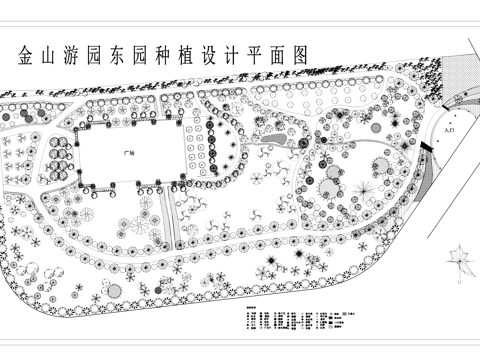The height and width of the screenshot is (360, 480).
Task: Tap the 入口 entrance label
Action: [x=446, y=130]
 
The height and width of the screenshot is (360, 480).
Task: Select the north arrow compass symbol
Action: [x=461, y=263]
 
